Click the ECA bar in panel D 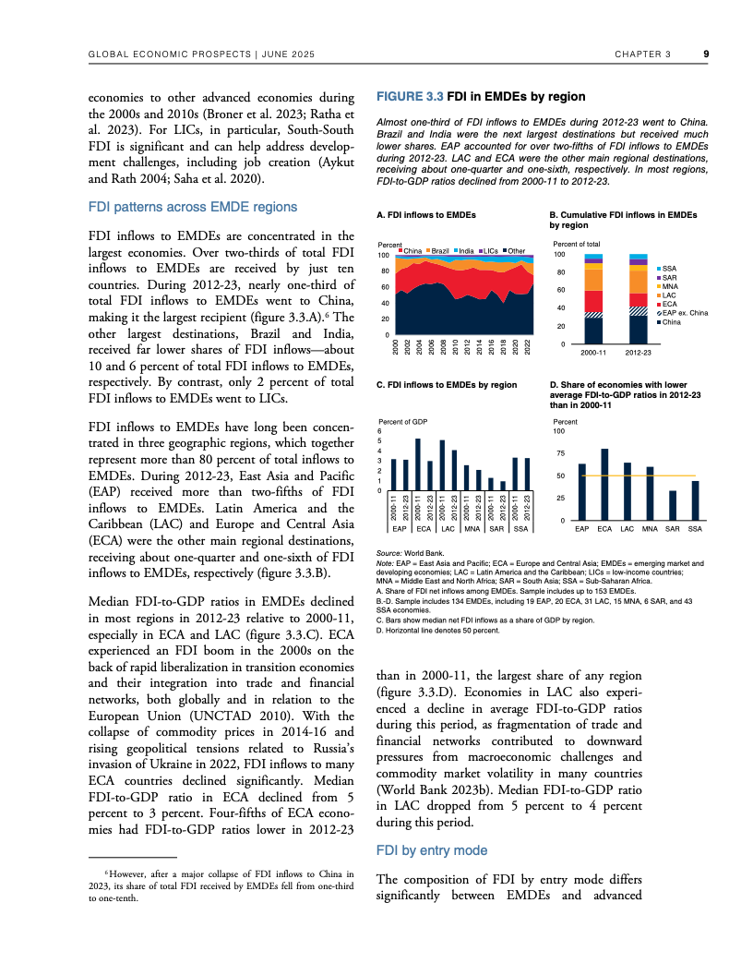604,485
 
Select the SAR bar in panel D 673,506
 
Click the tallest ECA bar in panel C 418,465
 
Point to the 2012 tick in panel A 468,346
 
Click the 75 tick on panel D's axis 559,453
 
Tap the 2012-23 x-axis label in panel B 639,353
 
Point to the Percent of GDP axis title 402,421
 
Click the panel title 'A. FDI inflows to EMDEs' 426,214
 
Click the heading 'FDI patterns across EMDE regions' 193,206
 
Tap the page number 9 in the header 705,54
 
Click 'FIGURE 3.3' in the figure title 411,96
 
